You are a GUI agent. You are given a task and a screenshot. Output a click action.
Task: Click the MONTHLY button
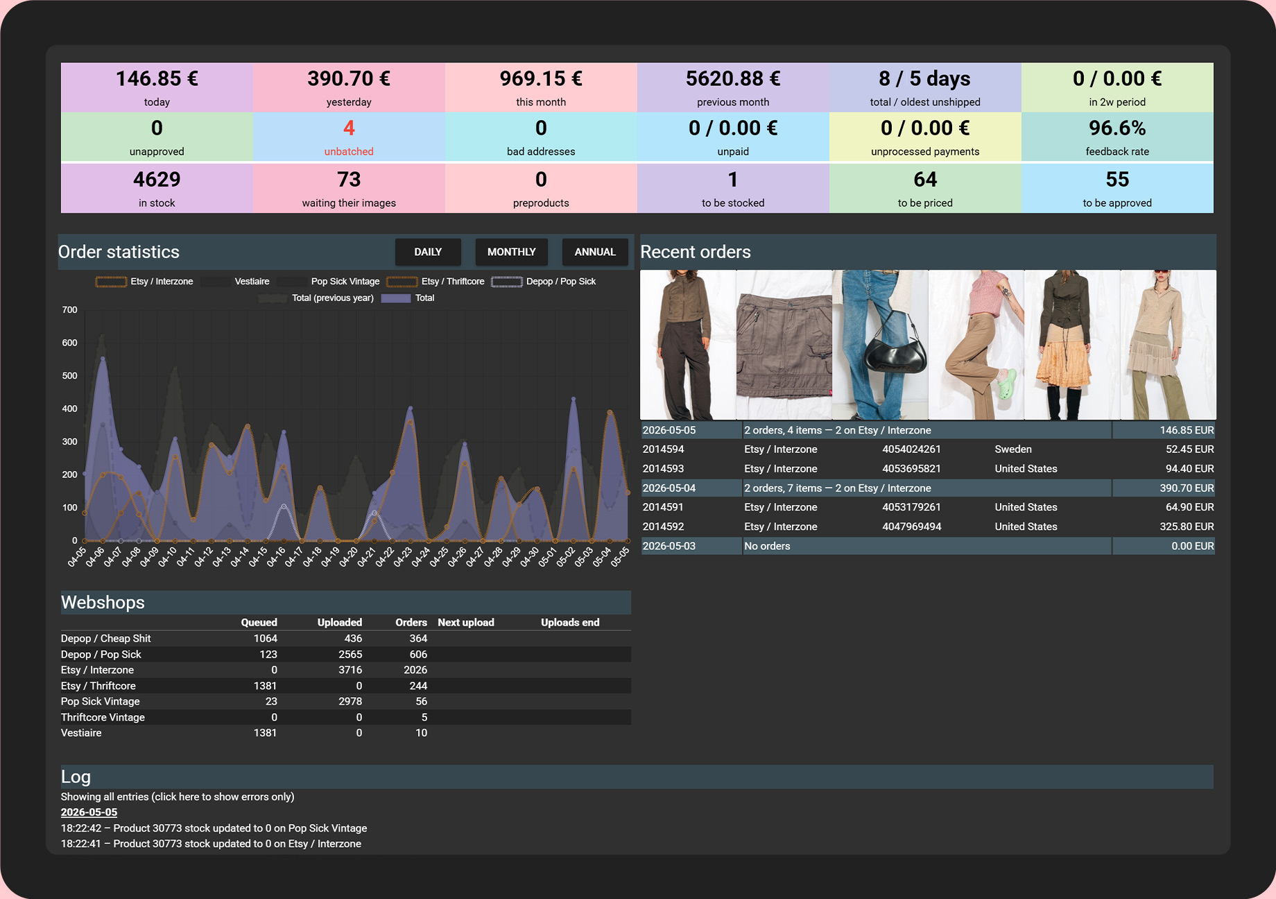[x=511, y=252]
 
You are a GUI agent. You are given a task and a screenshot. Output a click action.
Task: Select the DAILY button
[x=428, y=252]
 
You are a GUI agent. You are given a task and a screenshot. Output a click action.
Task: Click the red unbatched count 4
[x=349, y=128]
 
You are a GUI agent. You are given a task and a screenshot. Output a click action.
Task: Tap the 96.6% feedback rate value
[x=1117, y=128]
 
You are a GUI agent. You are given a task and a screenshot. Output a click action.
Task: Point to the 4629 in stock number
[x=157, y=180]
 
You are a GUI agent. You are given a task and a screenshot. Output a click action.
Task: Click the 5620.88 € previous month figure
[x=733, y=78]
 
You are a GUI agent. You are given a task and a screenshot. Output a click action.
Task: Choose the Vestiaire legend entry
[x=236, y=282]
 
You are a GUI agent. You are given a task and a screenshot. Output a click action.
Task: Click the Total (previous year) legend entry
[x=316, y=298]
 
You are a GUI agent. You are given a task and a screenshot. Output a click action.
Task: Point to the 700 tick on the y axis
[x=69, y=310]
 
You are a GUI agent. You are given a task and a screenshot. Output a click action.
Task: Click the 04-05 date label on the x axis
[x=77, y=557]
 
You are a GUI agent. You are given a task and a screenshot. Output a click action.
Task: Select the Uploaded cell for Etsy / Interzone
[x=350, y=670]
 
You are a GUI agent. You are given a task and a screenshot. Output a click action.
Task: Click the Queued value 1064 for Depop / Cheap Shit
[x=265, y=639]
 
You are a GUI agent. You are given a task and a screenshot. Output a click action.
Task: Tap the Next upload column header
[x=466, y=623]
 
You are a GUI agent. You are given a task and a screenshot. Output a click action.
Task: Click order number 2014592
[x=663, y=527]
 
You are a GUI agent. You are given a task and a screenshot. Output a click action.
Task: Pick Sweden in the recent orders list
[x=1013, y=449]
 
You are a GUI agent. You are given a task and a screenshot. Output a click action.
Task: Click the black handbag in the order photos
[x=895, y=350]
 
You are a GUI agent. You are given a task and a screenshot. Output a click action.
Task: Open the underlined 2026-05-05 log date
[x=89, y=812]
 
